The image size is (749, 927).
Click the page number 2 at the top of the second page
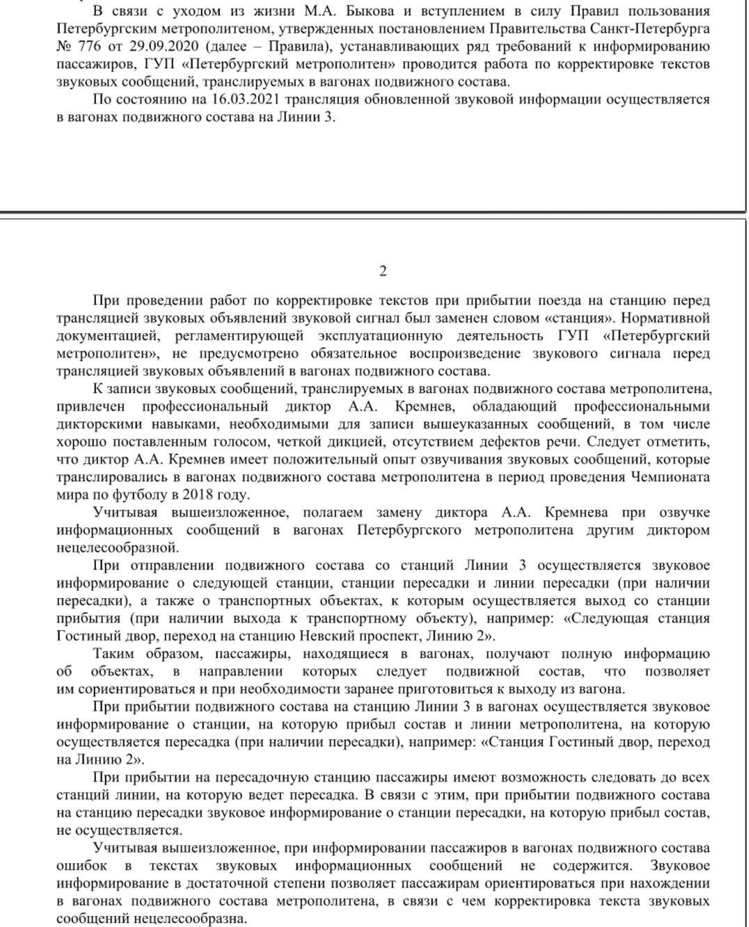[x=383, y=272]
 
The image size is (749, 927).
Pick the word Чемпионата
[x=670, y=477]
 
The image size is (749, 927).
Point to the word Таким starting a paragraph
[x=113, y=654]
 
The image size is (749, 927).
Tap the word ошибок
[x=81, y=866]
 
